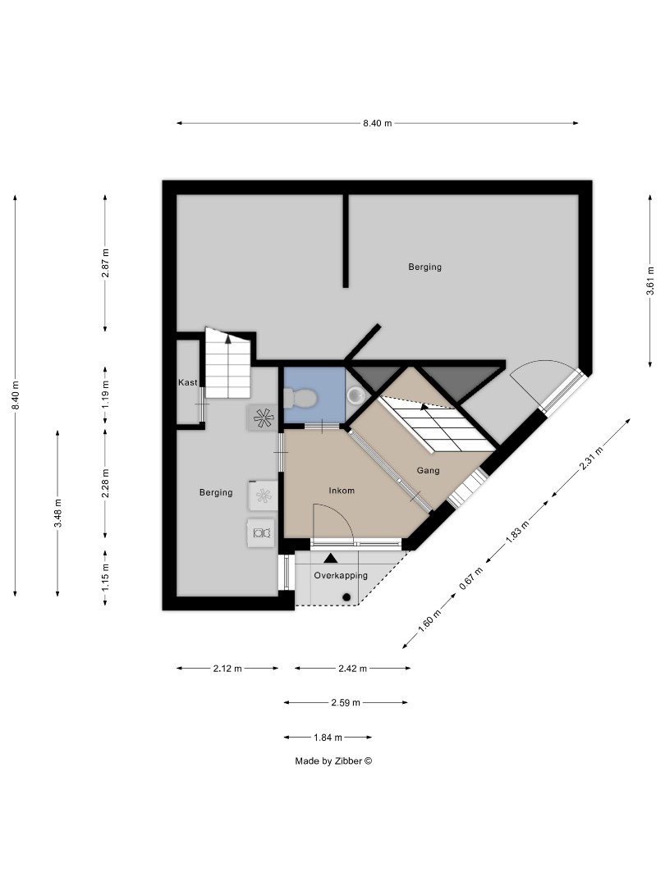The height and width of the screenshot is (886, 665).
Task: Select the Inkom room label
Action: tap(341, 491)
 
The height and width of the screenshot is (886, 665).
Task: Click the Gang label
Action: tap(428, 471)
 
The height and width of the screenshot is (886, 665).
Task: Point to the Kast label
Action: tap(188, 383)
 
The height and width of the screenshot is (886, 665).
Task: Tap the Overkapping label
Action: tap(341, 576)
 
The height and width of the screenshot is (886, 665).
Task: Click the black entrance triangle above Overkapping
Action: tap(330, 559)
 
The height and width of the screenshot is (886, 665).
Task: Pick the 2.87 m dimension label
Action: tap(105, 263)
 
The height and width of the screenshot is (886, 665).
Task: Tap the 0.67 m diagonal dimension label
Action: tap(468, 579)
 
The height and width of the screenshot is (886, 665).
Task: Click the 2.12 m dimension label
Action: tap(227, 669)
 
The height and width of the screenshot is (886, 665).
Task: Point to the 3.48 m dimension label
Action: tap(57, 514)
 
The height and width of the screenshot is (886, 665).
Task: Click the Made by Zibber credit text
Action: tap(333, 761)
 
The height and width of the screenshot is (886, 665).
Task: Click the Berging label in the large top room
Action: tap(425, 267)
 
